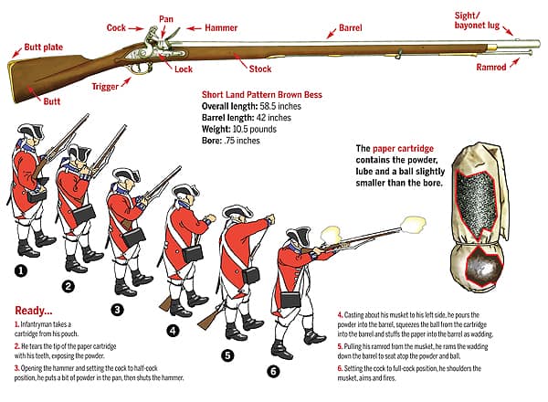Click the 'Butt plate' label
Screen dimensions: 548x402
(x=44, y=48)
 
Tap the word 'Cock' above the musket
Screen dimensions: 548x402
(x=116, y=28)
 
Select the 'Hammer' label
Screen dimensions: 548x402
(x=221, y=28)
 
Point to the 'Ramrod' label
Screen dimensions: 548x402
(x=491, y=67)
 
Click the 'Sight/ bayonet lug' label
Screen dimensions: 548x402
(x=477, y=20)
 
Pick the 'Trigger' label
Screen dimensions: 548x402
(x=105, y=87)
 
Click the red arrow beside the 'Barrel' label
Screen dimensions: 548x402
(x=332, y=34)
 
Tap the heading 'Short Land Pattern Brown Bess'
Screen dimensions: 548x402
(x=262, y=94)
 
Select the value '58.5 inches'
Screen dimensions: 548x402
(x=280, y=106)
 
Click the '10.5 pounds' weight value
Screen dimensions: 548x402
(x=255, y=129)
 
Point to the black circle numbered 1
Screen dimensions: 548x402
(x=21, y=270)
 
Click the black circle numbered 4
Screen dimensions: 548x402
(x=173, y=331)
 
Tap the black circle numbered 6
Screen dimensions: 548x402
(x=273, y=371)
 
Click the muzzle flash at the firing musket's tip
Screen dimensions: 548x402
(x=414, y=224)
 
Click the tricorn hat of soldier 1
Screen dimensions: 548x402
(x=31, y=131)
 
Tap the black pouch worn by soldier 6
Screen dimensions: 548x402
(x=290, y=300)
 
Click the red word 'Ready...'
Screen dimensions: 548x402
(x=34, y=311)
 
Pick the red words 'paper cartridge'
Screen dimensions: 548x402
(x=403, y=149)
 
